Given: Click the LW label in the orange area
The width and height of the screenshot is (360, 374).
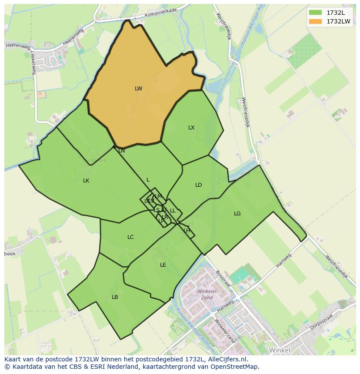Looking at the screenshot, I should coord(138,89).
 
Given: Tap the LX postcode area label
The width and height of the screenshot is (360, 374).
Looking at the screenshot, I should coord(191,128).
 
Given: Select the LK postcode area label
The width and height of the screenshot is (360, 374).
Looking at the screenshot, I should coord(86,181).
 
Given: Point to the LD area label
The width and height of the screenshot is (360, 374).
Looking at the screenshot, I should coord(198,185).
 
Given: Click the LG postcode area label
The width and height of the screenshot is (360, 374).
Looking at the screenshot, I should coord(237,214).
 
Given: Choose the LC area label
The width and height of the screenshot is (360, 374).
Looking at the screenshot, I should coord(130,237).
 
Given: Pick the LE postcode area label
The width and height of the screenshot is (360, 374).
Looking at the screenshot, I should coord(163,265).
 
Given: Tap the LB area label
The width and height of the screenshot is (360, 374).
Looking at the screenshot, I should coord(115,297).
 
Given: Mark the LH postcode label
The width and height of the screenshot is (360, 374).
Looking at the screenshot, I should coord(187,231).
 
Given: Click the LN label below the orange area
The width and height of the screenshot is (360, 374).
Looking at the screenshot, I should coord(122,151).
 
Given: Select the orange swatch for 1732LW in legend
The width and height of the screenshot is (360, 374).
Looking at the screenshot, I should coord(316,21).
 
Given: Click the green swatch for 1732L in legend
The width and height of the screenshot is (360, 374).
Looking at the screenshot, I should coord(316,13).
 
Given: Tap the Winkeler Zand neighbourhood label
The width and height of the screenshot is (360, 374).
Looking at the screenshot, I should coord(207,294).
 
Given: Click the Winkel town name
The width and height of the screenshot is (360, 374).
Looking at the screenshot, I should coord(280,350).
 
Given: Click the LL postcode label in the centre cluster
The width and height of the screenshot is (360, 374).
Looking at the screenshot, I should coord(173,211).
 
